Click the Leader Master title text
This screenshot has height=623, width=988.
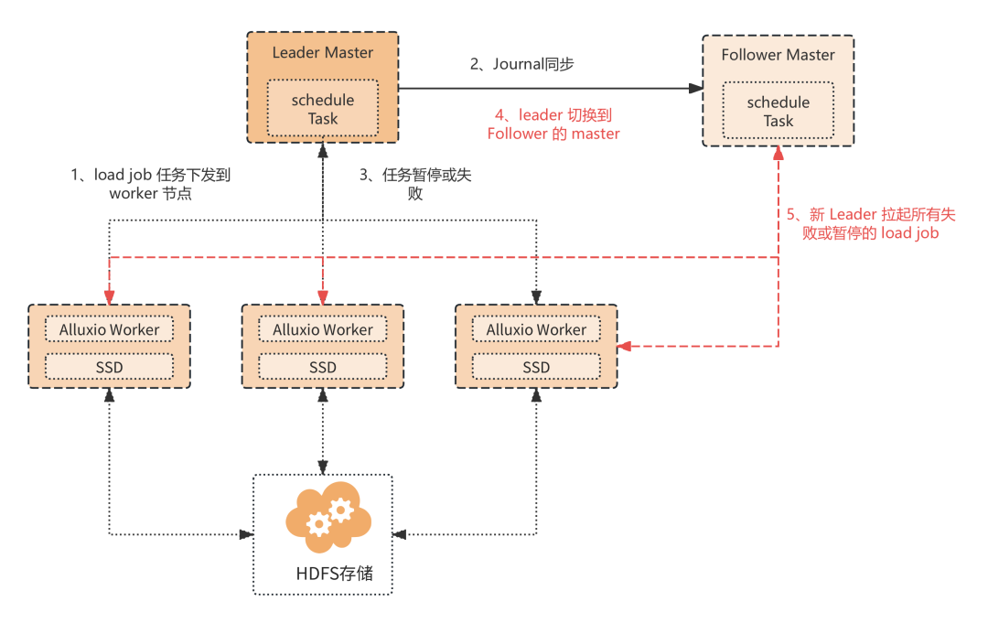tap(323, 52)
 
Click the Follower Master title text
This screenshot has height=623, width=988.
tap(779, 55)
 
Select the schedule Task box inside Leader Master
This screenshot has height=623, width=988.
tap(323, 108)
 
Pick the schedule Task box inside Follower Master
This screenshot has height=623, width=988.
tap(779, 111)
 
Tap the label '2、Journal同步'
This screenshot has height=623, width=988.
tap(521, 64)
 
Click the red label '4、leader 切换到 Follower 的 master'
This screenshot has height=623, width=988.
tap(553, 124)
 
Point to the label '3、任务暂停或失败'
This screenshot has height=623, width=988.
tap(415, 184)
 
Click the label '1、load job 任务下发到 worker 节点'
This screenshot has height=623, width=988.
tap(151, 184)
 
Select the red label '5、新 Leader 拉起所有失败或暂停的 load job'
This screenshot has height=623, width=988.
tap(871, 223)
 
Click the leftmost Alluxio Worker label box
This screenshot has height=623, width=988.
tap(109, 329)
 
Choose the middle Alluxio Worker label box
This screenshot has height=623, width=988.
tap(323, 329)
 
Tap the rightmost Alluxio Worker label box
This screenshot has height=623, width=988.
tap(536, 329)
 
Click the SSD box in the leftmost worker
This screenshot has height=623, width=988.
tap(109, 367)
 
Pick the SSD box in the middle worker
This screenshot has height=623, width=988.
tap(323, 367)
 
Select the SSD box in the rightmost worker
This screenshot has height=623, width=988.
tap(536, 367)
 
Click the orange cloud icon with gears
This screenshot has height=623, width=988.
tap(328, 517)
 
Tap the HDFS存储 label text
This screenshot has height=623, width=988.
tap(335, 574)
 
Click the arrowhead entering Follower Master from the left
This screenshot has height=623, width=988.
tap(695, 88)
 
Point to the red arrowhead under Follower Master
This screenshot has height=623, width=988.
tap(779, 153)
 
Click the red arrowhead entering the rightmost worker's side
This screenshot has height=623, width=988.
tap(625, 346)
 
